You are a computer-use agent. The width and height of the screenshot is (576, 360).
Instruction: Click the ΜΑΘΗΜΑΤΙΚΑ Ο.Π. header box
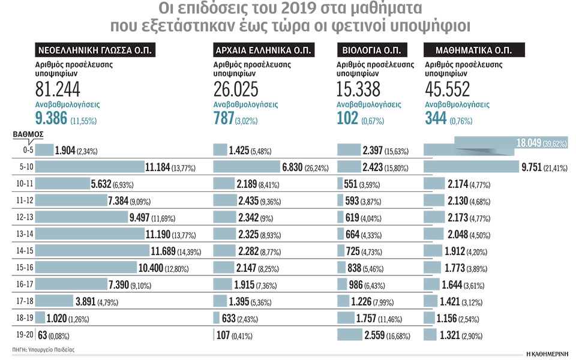474,50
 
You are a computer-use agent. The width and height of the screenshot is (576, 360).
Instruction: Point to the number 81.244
58,89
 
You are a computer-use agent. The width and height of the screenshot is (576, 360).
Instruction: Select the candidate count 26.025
236,89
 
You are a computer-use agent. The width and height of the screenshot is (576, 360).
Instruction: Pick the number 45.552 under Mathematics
447,89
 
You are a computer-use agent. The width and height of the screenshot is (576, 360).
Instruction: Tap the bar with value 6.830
249,166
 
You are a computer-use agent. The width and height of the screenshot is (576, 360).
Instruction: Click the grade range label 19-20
25,335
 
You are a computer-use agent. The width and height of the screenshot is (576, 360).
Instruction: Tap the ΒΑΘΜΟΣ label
28,135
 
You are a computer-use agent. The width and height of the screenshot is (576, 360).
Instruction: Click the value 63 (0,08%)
54,335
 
